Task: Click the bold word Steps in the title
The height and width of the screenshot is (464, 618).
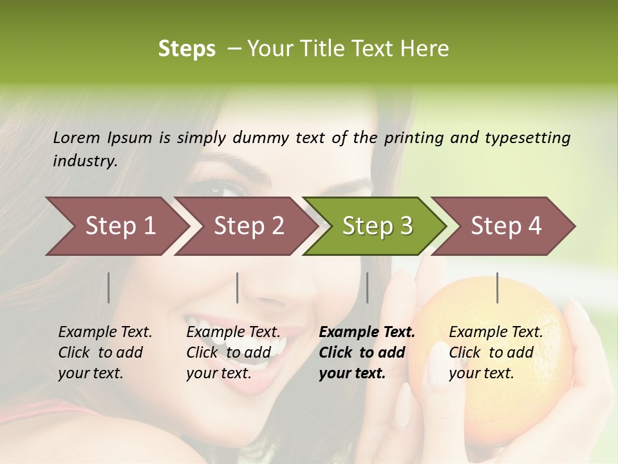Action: [187, 49]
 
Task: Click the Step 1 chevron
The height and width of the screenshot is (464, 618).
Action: [116, 226]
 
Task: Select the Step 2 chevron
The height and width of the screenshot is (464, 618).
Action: [245, 226]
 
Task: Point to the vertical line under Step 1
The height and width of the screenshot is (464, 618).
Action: [108, 287]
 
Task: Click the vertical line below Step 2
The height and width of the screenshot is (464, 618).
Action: [238, 287]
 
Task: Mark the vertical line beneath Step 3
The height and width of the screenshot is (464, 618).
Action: [367, 287]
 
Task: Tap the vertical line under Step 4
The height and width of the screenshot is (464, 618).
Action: [498, 287]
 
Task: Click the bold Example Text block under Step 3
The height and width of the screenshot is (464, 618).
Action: [367, 353]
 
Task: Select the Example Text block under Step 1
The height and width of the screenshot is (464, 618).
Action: [105, 353]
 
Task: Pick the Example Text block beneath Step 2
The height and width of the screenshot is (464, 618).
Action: [233, 353]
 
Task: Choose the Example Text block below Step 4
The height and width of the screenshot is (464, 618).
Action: [496, 353]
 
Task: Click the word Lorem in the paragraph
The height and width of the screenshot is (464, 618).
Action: [77, 137]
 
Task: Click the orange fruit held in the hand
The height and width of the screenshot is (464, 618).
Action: [489, 361]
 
